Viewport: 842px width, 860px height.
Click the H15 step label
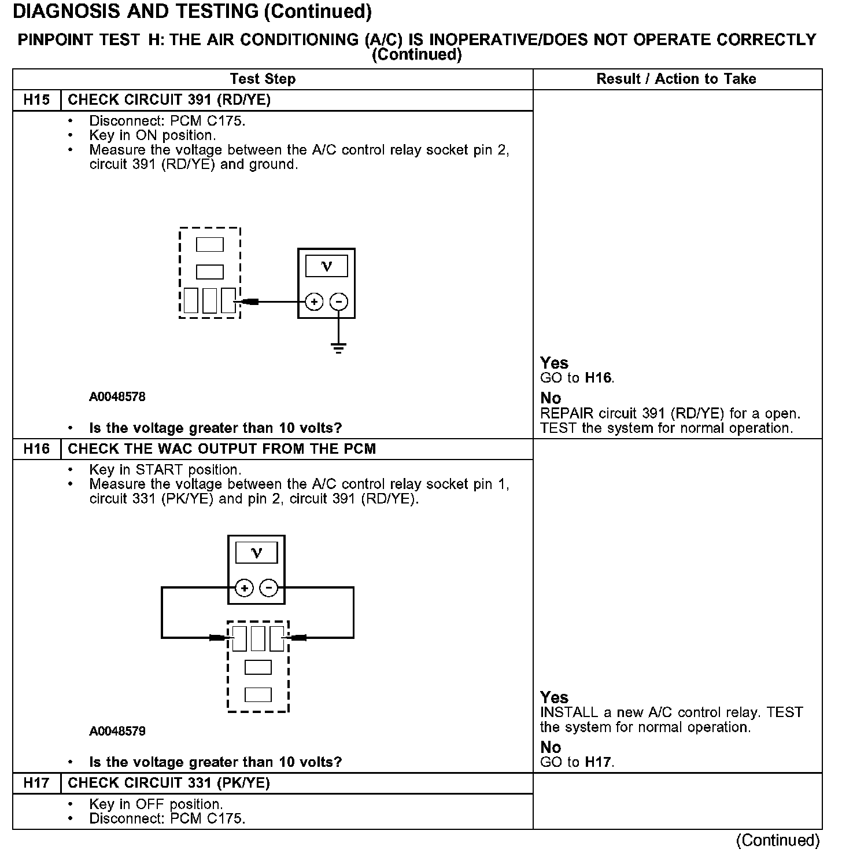tap(36, 100)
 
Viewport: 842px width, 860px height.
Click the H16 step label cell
tap(36, 449)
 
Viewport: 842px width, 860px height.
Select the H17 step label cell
tap(36, 783)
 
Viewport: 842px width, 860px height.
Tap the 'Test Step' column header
tap(263, 79)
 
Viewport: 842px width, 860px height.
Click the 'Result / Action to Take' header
tap(676, 79)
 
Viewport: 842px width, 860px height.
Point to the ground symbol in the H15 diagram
tap(339, 348)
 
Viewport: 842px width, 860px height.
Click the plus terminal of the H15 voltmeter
tap(314, 302)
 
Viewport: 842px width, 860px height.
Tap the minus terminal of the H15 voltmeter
tap(339, 302)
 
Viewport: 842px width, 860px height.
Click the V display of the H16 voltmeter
tap(257, 553)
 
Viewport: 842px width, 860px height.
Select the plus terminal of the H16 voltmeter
tap(245, 589)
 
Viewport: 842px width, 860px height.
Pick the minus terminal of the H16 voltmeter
tap(268, 589)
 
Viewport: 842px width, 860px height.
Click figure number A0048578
tap(117, 397)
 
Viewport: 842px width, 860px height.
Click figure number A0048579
tap(117, 731)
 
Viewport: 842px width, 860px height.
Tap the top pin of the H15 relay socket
tap(210, 245)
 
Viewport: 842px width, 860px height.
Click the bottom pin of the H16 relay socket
tap(258, 694)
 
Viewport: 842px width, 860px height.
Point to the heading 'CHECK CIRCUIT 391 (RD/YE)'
tap(169, 100)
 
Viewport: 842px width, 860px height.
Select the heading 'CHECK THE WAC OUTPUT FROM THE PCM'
tap(222, 449)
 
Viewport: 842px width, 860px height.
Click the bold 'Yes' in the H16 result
tap(554, 697)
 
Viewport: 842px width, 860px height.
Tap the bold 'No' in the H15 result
tap(551, 398)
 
